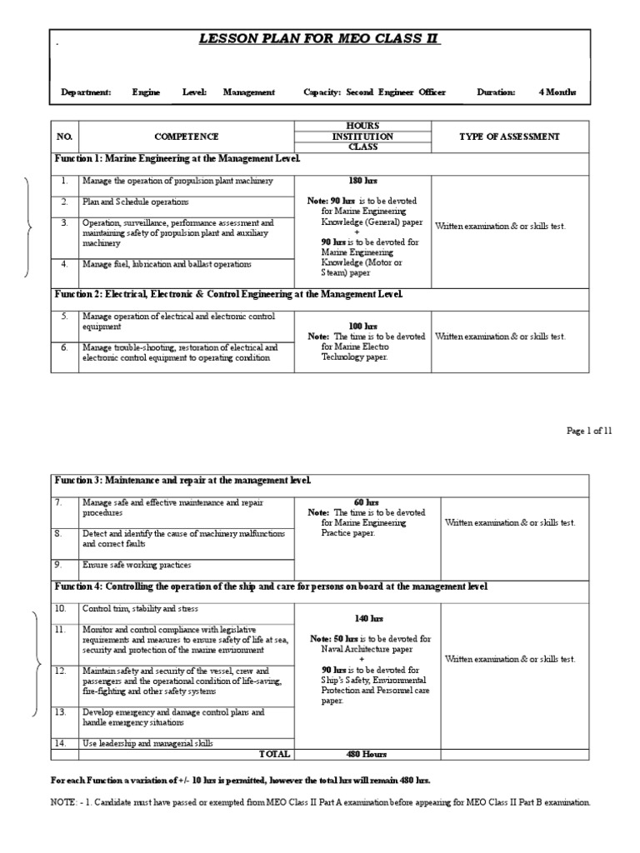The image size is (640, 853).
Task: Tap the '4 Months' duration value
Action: [x=557, y=92]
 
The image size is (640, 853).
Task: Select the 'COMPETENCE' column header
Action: [x=186, y=137]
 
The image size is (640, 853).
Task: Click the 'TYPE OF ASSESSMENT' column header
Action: [x=509, y=137]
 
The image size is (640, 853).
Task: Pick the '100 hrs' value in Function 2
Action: [x=362, y=327]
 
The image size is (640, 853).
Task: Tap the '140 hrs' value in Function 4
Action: [x=367, y=619]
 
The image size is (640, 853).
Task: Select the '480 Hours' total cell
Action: [x=367, y=754]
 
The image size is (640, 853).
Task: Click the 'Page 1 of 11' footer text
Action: [x=589, y=430]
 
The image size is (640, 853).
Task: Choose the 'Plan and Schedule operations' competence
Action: [x=135, y=202]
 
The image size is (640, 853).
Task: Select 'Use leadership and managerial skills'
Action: [x=147, y=742]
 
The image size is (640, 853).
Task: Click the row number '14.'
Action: [x=60, y=742]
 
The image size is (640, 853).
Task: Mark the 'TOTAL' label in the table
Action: [x=275, y=754]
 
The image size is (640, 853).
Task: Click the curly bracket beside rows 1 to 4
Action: [x=31, y=227]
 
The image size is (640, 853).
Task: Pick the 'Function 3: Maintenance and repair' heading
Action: [x=182, y=481]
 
